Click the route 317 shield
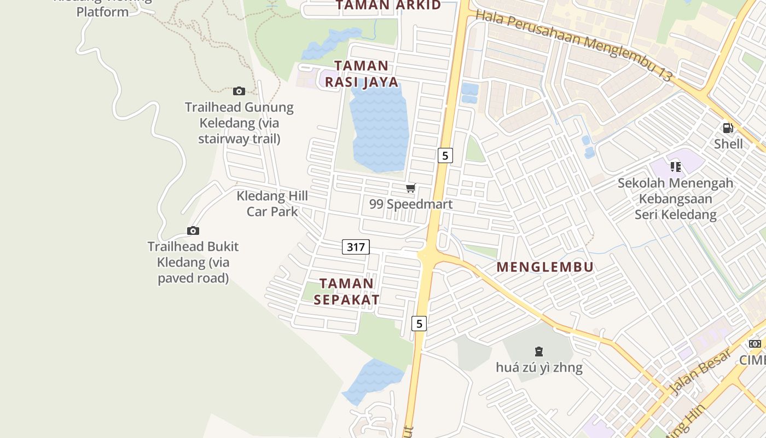(x=356, y=247)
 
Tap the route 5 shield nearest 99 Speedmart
(x=445, y=155)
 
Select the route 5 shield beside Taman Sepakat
(x=419, y=324)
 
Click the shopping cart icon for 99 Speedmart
(x=410, y=188)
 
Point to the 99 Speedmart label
(x=410, y=204)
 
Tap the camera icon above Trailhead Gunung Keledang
(x=239, y=91)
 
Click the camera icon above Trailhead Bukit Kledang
(x=193, y=230)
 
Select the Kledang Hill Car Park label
(x=272, y=204)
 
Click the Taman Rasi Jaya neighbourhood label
(x=362, y=73)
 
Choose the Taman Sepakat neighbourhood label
(x=346, y=291)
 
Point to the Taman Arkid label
(x=388, y=5)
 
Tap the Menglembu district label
(x=545, y=267)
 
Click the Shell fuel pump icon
(x=728, y=128)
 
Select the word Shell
(x=728, y=144)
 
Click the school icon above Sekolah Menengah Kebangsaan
(x=675, y=166)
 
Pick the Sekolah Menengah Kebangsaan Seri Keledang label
(x=675, y=198)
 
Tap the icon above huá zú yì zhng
(x=538, y=351)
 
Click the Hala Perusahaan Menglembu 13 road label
(x=573, y=45)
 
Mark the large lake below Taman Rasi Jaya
(x=379, y=126)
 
